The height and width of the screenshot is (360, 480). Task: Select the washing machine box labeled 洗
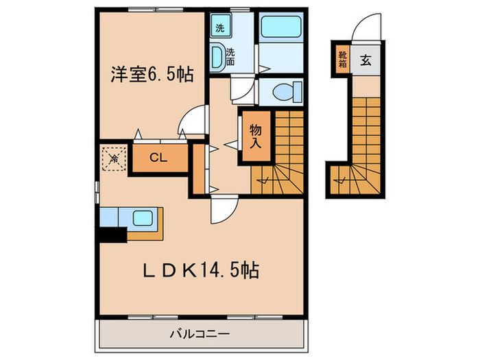220,28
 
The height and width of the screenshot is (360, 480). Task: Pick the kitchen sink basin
145,219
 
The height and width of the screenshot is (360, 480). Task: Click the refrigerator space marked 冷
114,158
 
